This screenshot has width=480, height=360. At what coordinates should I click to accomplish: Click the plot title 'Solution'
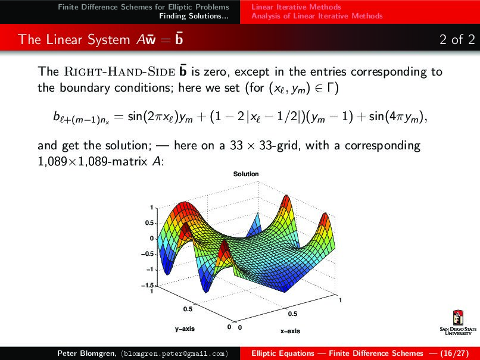pyautogui.click(x=246, y=174)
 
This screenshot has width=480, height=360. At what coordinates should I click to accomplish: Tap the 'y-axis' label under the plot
pyautogui.click(x=185, y=328)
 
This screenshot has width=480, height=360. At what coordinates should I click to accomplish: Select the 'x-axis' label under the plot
pyautogui.click(x=290, y=331)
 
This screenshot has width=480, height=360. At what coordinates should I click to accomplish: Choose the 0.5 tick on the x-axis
pyautogui.click(x=292, y=314)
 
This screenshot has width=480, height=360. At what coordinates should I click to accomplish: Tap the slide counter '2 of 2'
pyautogui.click(x=457, y=40)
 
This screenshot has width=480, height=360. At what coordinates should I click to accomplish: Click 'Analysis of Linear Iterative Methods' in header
pyautogui.click(x=317, y=16)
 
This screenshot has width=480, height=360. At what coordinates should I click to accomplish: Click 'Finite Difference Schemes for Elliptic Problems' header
pyautogui.click(x=144, y=7)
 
